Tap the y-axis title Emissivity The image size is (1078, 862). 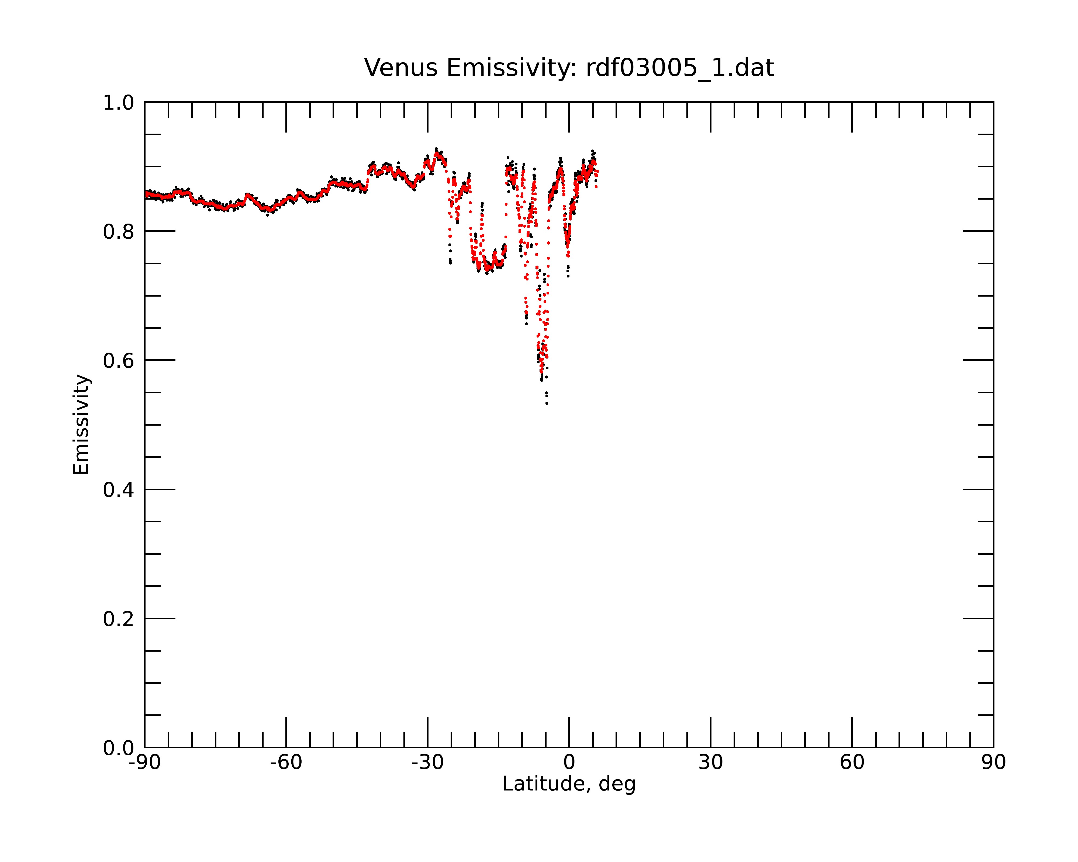[81, 424]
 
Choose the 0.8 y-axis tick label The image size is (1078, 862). [119, 232]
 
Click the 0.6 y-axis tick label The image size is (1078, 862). [119, 361]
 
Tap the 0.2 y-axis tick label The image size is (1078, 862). [119, 619]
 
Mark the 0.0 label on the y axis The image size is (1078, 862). [119, 748]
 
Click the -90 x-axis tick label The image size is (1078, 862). [144, 763]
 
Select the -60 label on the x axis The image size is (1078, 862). [286, 763]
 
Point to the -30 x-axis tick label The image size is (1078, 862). [427, 763]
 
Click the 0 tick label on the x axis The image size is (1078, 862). [569, 763]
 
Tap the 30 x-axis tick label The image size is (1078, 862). [710, 763]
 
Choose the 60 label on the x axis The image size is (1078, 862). [852, 763]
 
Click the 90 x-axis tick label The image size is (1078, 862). [993, 763]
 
